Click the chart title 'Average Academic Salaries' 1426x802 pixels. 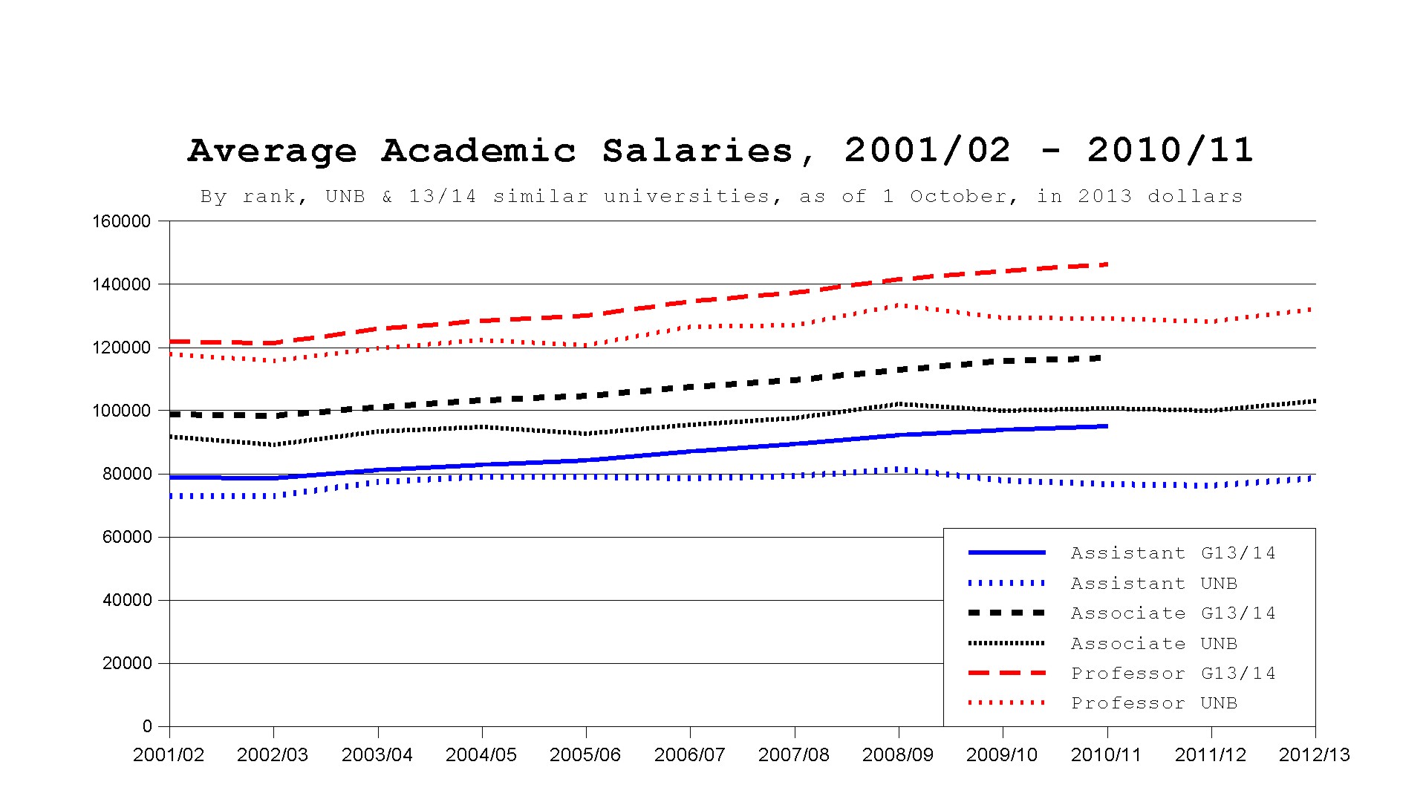click(491, 151)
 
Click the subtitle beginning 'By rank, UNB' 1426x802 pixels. click(722, 197)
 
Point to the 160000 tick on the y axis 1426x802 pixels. click(121, 221)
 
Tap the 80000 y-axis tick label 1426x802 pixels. click(126, 474)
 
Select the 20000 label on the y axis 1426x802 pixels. click(126, 663)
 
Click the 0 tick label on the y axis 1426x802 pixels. click(146, 726)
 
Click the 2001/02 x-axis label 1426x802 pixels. click(169, 755)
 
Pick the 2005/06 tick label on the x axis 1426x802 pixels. click(585, 755)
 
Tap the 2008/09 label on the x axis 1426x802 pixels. click(898, 755)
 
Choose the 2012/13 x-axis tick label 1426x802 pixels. click(1315, 755)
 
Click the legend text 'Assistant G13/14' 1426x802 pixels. click(1173, 553)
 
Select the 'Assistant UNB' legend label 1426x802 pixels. click(1154, 584)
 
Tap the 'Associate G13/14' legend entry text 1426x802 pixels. click(1173, 613)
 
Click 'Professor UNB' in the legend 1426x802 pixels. click(1154, 703)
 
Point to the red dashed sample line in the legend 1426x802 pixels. click(1007, 673)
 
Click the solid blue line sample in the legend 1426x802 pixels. click(1007, 552)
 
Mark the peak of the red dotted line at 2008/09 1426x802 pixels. click(899, 305)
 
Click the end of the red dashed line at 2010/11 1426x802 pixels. click(1107, 264)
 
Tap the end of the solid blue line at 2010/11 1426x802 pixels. click(1107, 426)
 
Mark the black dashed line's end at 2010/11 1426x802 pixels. click(1102, 358)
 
